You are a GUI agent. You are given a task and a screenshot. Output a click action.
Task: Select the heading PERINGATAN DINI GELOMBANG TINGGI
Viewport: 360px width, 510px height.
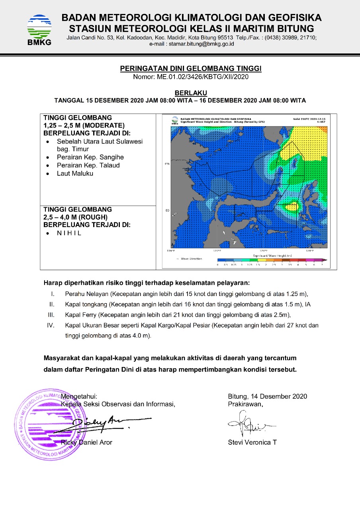(191, 69)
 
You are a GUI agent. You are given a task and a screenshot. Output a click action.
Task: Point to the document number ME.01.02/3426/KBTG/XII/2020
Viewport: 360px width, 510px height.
(191, 76)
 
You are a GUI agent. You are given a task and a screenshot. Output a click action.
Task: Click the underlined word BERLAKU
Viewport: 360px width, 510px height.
(191, 93)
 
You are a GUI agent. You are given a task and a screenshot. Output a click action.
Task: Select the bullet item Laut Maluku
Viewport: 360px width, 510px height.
(75, 173)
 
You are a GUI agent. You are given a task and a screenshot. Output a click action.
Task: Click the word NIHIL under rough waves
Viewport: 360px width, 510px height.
(69, 233)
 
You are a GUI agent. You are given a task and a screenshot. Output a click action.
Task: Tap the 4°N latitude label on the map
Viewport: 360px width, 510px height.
(167, 164)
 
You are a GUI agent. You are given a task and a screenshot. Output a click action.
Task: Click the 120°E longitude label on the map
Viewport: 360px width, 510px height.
(217, 251)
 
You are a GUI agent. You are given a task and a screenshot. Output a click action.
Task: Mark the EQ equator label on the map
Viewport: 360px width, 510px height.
(167, 210)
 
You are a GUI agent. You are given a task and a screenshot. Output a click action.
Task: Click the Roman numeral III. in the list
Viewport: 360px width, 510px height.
(51, 315)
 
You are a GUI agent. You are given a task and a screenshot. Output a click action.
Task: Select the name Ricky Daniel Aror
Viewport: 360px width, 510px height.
(87, 442)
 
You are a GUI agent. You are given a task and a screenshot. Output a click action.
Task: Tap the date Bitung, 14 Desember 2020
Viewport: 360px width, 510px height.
(267, 396)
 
